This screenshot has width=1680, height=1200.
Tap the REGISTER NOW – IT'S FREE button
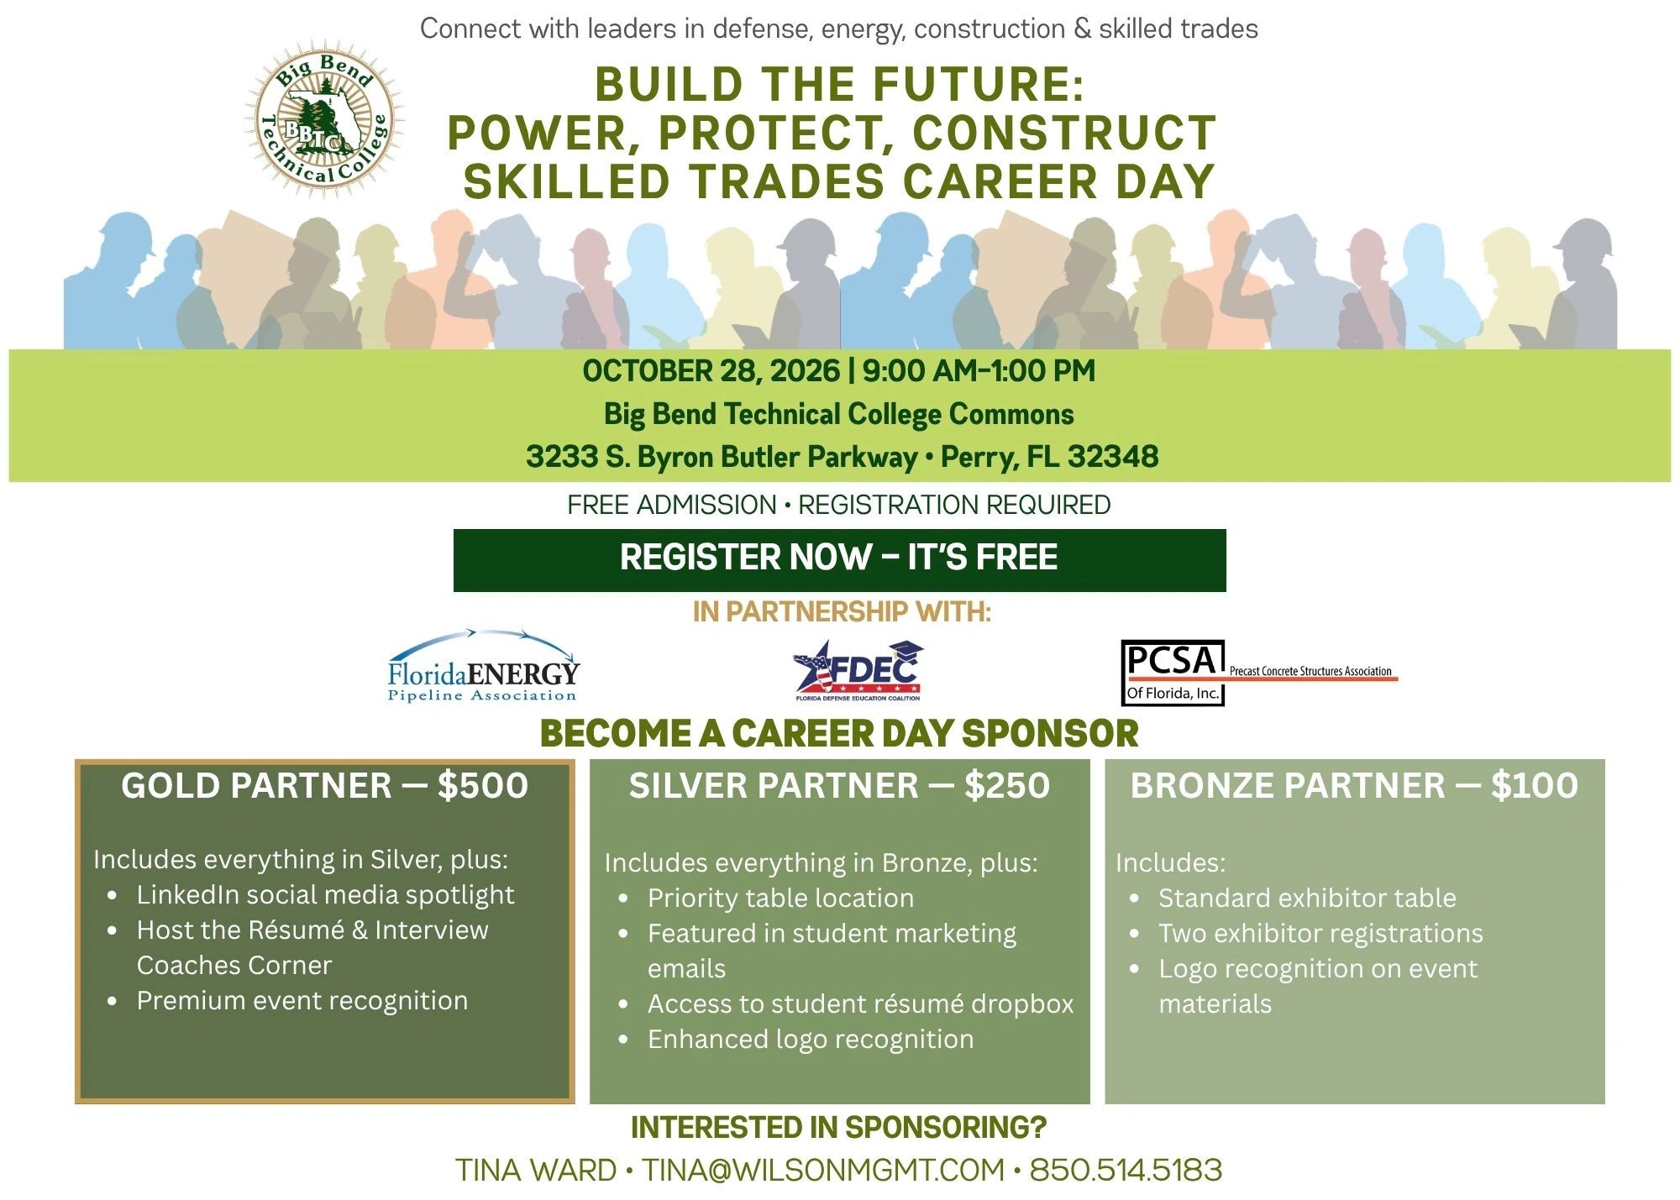pos(839,560)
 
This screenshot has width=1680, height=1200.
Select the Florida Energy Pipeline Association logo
pos(484,666)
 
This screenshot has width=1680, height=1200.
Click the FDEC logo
pos(858,670)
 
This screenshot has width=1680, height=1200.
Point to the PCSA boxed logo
pos(1173,673)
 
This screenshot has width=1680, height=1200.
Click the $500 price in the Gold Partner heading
pos(483,786)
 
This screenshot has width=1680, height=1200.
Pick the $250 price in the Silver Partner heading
pos(1007,786)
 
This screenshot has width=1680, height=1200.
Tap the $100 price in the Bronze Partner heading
pos(1535,786)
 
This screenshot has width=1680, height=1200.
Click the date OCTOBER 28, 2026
pos(711,371)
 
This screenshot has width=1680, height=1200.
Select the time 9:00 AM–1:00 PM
pos(979,371)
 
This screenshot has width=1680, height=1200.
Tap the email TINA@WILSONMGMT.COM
pos(823,1170)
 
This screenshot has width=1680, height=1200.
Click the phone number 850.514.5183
pos(1126,1170)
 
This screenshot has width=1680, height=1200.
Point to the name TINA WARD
pos(536,1170)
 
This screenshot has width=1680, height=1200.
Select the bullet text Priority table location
pos(780,899)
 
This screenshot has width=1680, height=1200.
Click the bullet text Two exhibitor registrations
pos(1320,934)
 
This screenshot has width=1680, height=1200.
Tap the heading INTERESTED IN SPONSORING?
pos(839,1128)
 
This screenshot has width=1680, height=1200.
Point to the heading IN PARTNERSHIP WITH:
pos(842,612)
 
